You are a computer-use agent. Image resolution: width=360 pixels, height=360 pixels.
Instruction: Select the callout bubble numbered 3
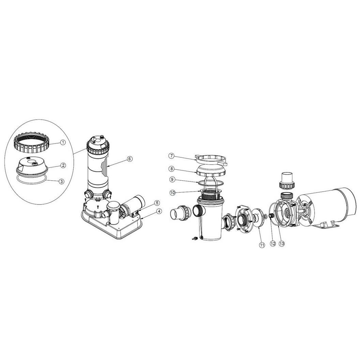pos(61,181)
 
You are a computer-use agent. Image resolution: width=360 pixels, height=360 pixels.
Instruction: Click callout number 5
pos(157,203)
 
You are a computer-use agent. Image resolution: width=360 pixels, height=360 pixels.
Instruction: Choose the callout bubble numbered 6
pos(130,159)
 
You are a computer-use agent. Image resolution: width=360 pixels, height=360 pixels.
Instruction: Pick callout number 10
pos(173,192)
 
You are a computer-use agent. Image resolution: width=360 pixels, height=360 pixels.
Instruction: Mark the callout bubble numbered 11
pos(262,245)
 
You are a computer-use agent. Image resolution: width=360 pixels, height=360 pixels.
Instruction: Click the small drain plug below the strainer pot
pos(194,239)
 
